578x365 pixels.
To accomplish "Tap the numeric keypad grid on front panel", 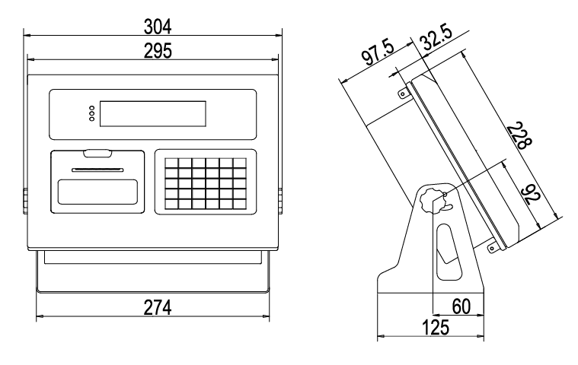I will [x=206, y=183].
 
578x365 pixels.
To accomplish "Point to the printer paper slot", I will [x=97, y=170].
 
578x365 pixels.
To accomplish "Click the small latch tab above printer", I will [x=97, y=154].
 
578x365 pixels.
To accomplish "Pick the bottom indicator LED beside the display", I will [x=92, y=119].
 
